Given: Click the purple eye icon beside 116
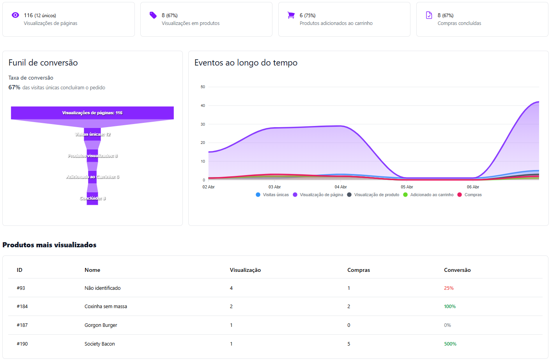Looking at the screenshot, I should point(15,15).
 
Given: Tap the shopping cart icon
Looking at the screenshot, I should point(291,15).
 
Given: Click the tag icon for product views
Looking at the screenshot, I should point(153,15).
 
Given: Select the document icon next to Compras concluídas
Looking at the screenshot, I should point(429,15).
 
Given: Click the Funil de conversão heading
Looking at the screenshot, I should point(43,63).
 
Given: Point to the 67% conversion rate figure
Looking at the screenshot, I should point(14,87).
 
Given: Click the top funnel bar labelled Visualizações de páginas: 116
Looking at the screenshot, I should point(92,113).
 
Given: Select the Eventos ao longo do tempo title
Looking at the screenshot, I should point(246,63).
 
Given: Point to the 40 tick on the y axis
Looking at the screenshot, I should point(203,106).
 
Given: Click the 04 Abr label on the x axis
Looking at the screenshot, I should point(340,187).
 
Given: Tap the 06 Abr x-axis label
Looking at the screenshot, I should point(473,187).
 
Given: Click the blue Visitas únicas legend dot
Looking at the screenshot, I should point(258,195).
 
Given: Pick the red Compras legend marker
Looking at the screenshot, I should point(460,195).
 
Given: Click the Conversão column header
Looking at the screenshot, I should point(457,270).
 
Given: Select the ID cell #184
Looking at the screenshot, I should point(22,307).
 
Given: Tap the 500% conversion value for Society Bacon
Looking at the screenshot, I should point(450,344).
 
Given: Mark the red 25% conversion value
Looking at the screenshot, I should point(449,288).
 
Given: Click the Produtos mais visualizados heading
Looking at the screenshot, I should point(50,245).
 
